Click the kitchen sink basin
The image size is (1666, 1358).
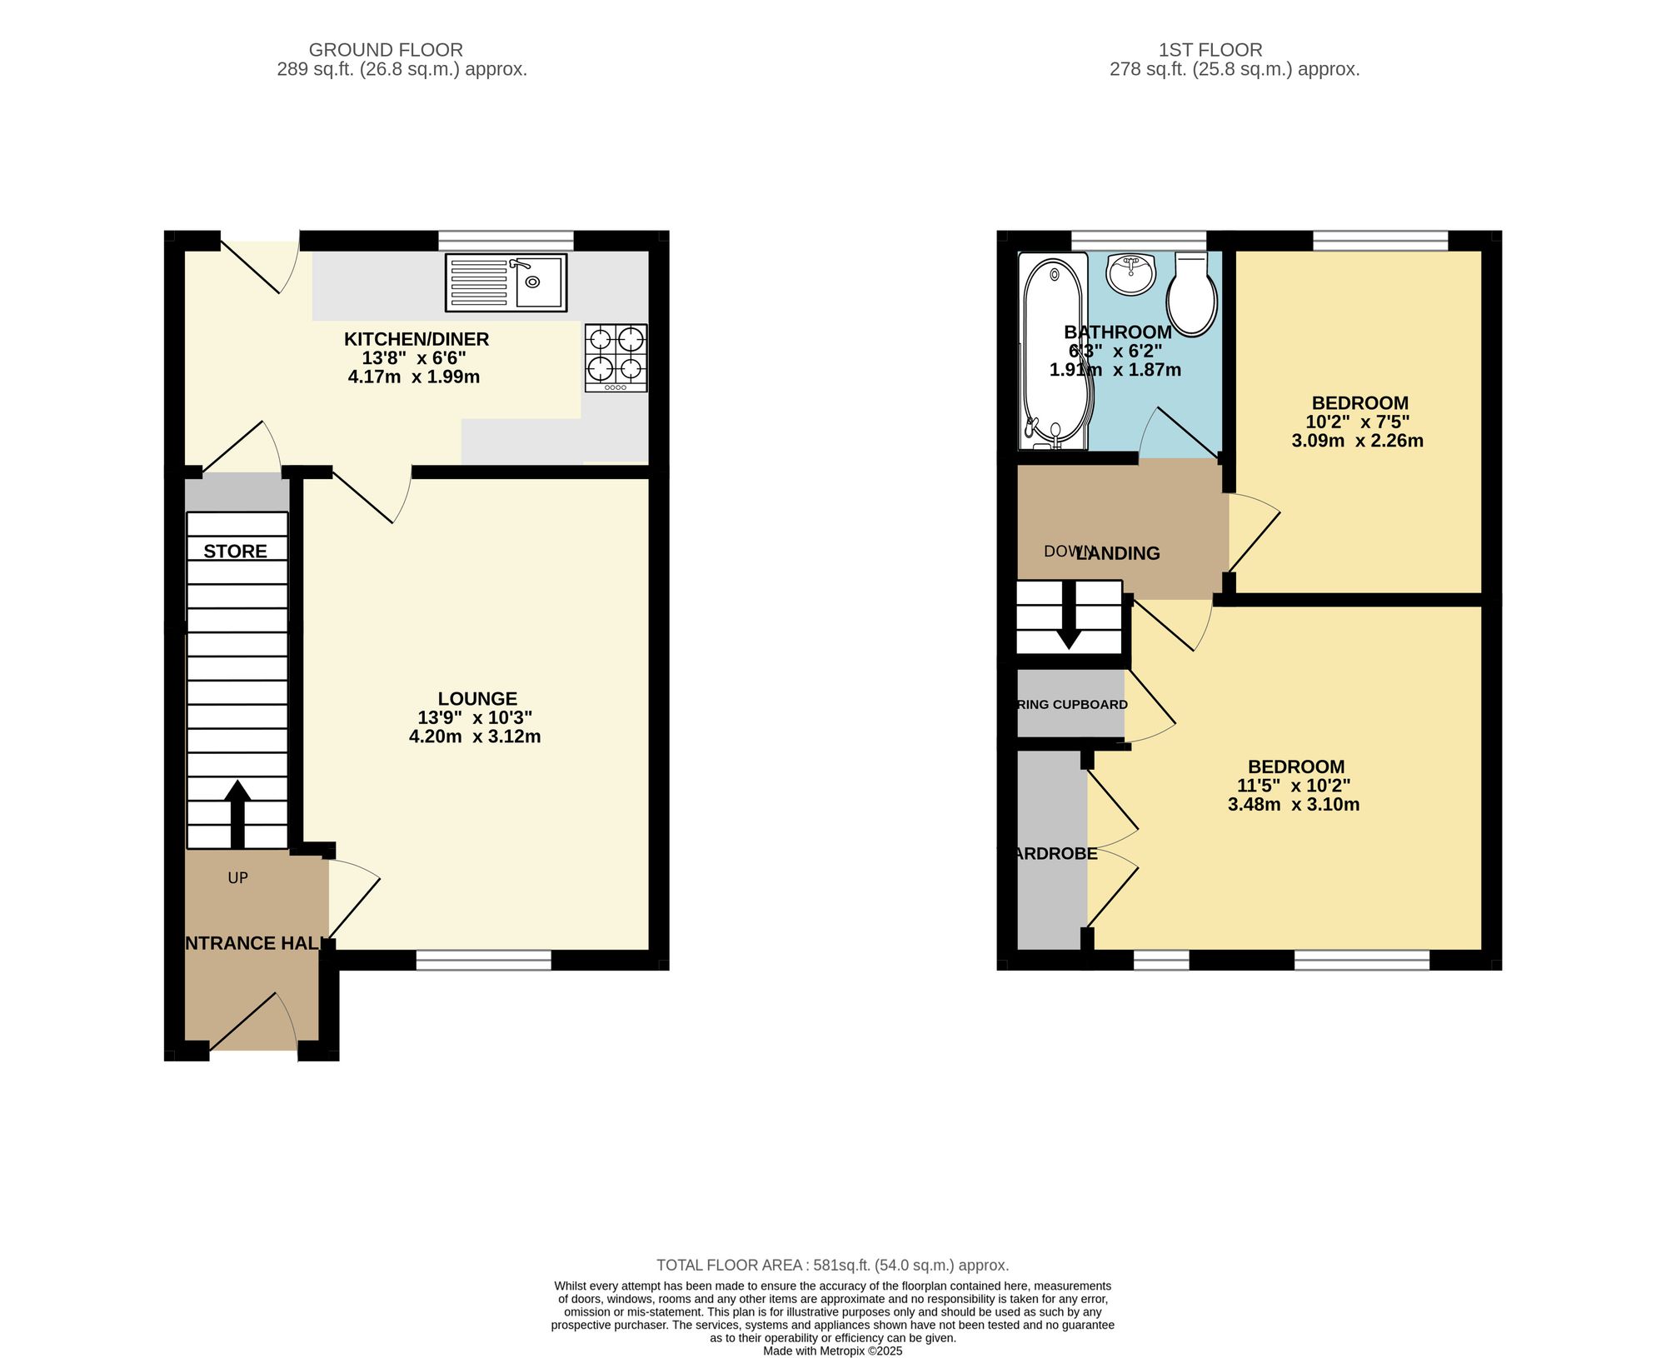click(538, 282)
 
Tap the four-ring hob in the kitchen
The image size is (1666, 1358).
click(616, 357)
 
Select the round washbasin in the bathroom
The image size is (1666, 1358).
click(1131, 273)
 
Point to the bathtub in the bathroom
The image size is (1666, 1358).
click(1054, 350)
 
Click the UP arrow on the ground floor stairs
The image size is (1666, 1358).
click(237, 812)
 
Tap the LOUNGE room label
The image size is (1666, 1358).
click(477, 698)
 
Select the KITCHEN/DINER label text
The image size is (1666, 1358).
click(416, 339)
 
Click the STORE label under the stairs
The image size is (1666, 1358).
click(236, 551)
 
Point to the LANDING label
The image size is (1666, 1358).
click(1118, 553)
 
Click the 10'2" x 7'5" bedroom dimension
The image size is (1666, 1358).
click(1358, 422)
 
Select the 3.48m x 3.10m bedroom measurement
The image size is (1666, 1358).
click(1294, 804)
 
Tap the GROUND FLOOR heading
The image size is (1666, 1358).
click(386, 50)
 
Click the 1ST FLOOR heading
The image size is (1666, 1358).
click(1210, 50)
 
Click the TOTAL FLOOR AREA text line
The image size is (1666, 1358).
click(832, 1265)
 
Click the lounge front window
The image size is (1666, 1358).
click(484, 960)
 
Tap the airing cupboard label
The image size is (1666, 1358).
click(1072, 704)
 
